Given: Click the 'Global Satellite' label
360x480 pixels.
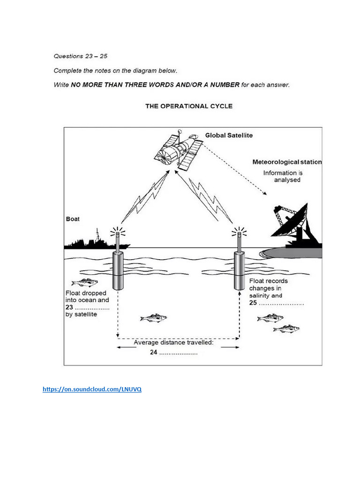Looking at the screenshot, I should [229, 135].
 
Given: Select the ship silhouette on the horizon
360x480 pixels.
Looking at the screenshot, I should [96, 242].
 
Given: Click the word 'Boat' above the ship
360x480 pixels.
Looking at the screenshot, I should [73, 219].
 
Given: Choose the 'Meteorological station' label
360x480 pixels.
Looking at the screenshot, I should [287, 162].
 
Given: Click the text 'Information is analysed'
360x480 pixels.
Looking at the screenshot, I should [282, 176].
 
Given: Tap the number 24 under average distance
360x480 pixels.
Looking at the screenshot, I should [153, 352].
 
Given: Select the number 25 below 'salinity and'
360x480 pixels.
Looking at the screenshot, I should [253, 303].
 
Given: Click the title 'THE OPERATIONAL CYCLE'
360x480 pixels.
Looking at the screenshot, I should [189, 106].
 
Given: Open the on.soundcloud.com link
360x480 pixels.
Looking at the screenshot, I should [92, 389].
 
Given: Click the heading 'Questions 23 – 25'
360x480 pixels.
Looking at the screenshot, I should [81, 56].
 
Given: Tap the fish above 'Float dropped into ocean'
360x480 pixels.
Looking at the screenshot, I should [84, 282].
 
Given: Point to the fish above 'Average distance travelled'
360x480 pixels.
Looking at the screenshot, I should [153, 318].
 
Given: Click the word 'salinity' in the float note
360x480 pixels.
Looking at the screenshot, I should [259, 296].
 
